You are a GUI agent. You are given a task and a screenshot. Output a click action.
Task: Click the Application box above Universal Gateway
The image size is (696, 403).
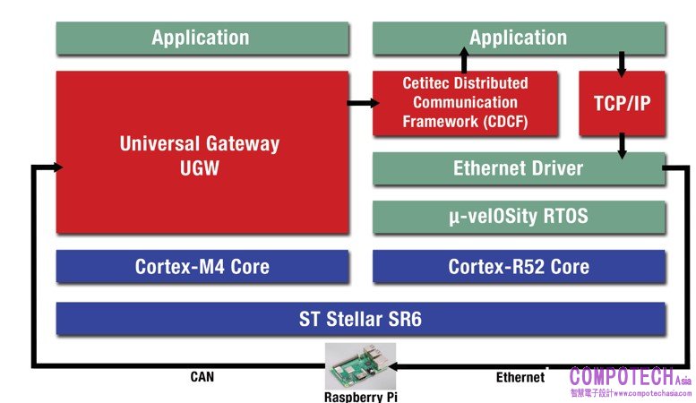click(x=202, y=38)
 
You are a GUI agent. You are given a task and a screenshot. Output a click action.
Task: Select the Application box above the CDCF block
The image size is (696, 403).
click(x=519, y=38)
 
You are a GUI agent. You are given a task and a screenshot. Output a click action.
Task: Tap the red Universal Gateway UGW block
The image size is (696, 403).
click(x=202, y=153)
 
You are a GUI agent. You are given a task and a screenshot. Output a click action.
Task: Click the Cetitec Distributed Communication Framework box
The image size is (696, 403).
click(x=465, y=103)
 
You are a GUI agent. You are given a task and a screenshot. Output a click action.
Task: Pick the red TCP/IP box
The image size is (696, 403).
click(x=622, y=103)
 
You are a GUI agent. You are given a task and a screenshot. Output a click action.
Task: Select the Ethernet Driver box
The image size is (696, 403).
click(x=519, y=168)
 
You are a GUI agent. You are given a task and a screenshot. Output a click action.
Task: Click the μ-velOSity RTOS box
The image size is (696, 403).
click(x=519, y=217)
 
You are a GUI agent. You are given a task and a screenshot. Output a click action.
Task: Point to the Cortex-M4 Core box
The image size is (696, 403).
click(x=202, y=266)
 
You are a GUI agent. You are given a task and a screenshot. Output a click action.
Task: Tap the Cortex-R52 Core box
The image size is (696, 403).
click(x=519, y=266)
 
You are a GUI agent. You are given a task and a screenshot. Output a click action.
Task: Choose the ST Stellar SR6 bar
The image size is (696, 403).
click(x=360, y=318)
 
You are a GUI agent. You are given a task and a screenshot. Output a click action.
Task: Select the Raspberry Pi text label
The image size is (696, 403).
click(x=360, y=396)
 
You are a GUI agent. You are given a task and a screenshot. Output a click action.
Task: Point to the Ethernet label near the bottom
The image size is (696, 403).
click(x=520, y=377)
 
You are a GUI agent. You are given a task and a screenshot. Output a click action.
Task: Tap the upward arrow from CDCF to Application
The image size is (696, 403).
click(x=464, y=61)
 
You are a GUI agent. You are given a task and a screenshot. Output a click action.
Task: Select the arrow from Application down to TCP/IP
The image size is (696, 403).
click(x=622, y=63)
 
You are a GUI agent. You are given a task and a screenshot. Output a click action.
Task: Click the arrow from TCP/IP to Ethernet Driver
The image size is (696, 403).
click(x=622, y=145)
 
